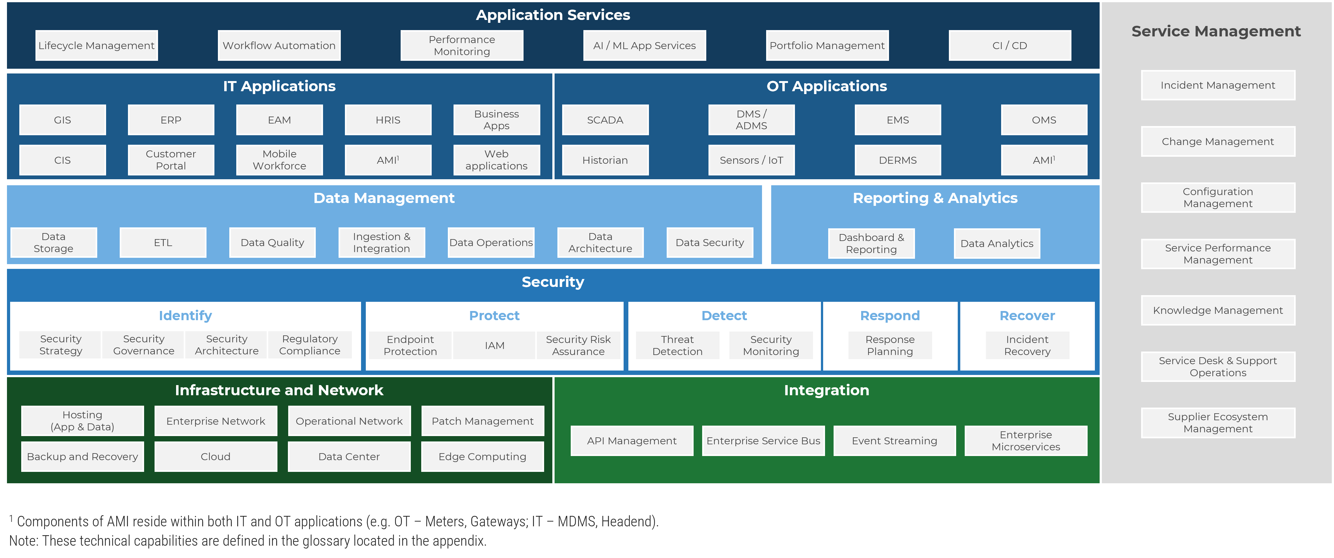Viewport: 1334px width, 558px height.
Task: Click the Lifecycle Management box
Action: pyautogui.click(x=96, y=46)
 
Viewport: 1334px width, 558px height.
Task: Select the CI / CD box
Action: pyautogui.click(x=1009, y=46)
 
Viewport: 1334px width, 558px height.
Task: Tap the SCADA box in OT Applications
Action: pyautogui.click(x=605, y=120)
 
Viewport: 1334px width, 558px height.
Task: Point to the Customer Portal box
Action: pyautogui.click(x=171, y=160)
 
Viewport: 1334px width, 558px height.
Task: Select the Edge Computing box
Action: pyautogui.click(x=482, y=457)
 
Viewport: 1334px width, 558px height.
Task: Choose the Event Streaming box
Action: pyautogui.click(x=894, y=441)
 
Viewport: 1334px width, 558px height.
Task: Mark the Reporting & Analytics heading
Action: pyautogui.click(x=935, y=198)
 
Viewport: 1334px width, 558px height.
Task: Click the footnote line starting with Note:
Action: pyautogui.click(x=248, y=541)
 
